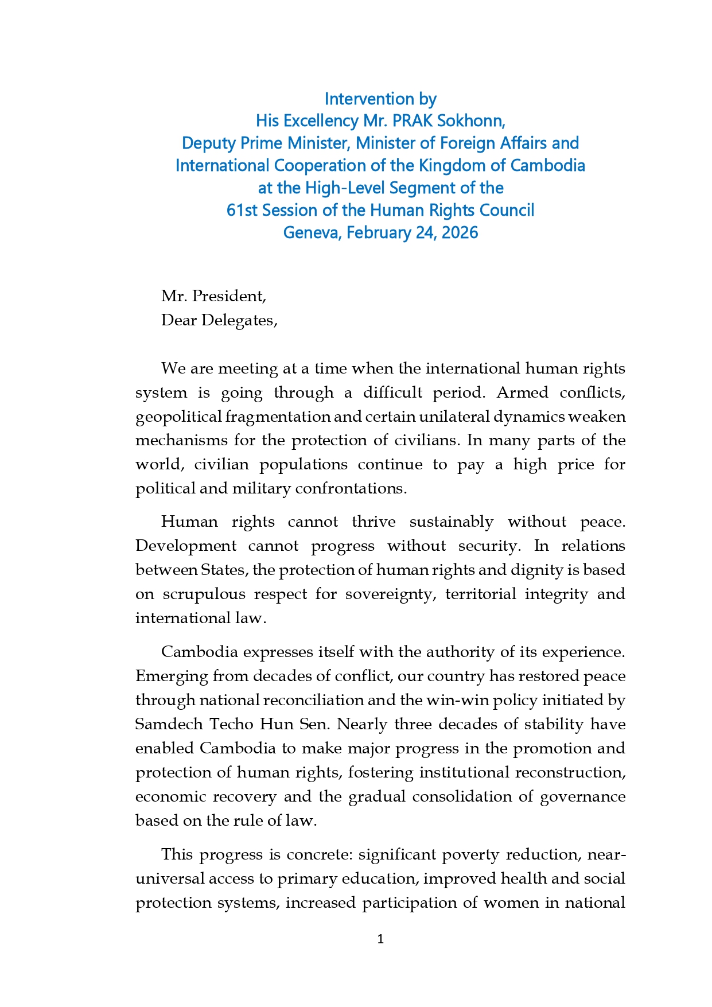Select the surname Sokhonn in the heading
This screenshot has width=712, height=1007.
click(x=473, y=121)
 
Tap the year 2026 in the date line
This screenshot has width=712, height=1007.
click(x=460, y=232)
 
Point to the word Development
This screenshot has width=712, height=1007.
click(x=185, y=546)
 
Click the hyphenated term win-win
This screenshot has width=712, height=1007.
click(x=454, y=700)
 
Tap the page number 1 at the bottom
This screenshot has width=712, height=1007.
click(x=380, y=939)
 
